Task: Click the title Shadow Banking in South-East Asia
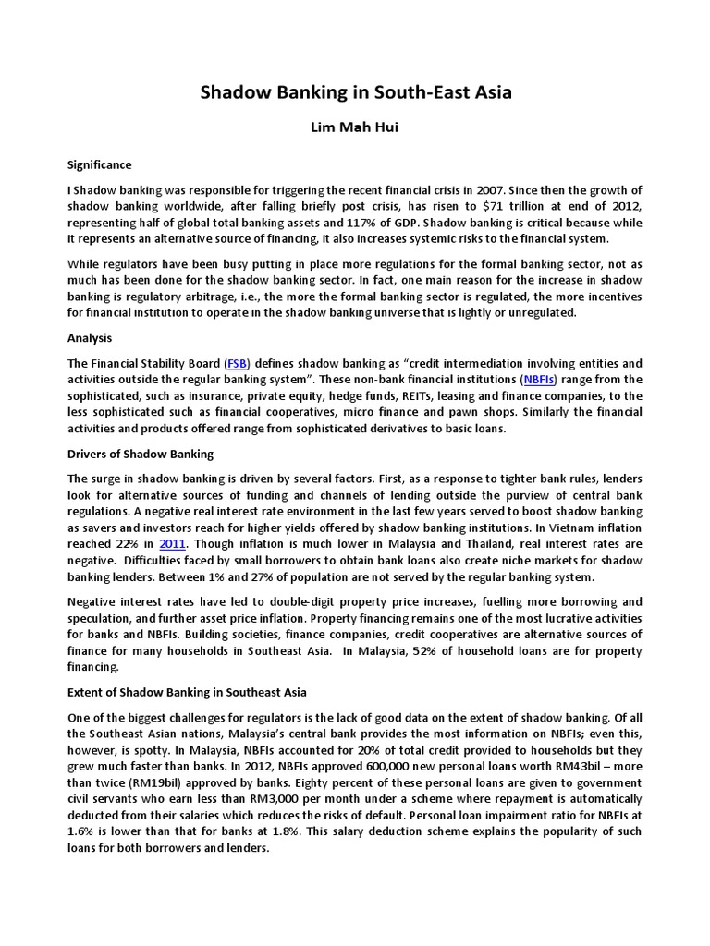pyautogui.click(x=355, y=92)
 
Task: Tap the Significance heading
pyautogui.click(x=100, y=164)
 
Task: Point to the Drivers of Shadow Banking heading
pyautogui.click(x=141, y=454)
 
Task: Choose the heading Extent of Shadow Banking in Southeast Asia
pyautogui.click(x=187, y=691)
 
